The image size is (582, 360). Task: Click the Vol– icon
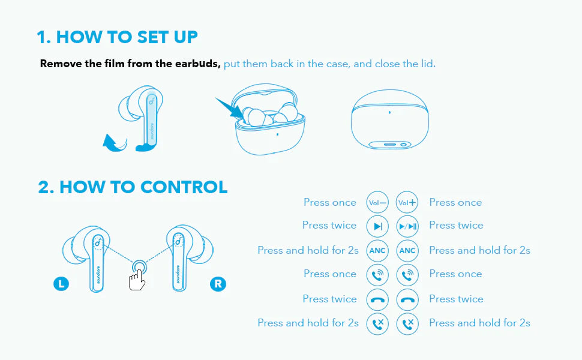tap(377, 203)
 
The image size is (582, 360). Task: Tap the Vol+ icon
tap(407, 203)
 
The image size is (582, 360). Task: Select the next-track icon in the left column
tap(377, 226)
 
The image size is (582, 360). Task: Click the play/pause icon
tap(407, 226)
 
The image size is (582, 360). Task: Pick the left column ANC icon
tap(377, 251)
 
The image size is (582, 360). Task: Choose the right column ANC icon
tap(407, 251)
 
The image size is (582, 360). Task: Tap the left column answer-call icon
tap(377, 275)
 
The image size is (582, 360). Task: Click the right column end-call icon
tap(407, 300)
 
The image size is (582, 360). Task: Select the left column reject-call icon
tap(377, 323)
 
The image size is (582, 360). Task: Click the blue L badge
tap(61, 284)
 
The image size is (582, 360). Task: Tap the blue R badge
tap(218, 284)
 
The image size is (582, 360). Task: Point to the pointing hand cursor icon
tap(137, 280)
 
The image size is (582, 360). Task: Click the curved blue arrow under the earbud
tap(115, 144)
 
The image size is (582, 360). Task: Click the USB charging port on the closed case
tap(389, 145)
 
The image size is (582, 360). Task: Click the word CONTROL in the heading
tap(184, 187)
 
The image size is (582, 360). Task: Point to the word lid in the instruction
tap(427, 64)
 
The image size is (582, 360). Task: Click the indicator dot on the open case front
tap(278, 134)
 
